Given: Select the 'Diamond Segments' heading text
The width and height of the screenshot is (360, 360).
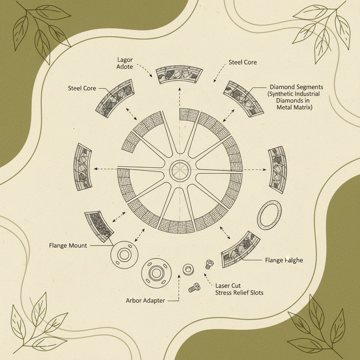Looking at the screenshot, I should (x=296, y=86).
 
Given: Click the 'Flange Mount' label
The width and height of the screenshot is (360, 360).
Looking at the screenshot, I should (x=68, y=245).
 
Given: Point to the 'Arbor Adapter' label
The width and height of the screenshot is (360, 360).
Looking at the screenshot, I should (x=145, y=301).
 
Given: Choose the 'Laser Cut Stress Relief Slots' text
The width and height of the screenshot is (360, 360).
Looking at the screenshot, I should (x=239, y=289).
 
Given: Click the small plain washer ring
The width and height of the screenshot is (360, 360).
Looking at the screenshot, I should (x=188, y=270).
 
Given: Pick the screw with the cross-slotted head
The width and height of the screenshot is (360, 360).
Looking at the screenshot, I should (x=209, y=264).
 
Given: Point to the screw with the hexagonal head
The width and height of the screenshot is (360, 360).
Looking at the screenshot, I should (x=194, y=288).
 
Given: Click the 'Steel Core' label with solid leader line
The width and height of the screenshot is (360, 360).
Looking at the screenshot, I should (x=82, y=88).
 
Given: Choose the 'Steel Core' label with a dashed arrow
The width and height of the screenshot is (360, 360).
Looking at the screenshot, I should (x=243, y=62).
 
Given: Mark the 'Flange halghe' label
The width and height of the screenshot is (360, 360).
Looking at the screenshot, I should (x=284, y=261).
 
